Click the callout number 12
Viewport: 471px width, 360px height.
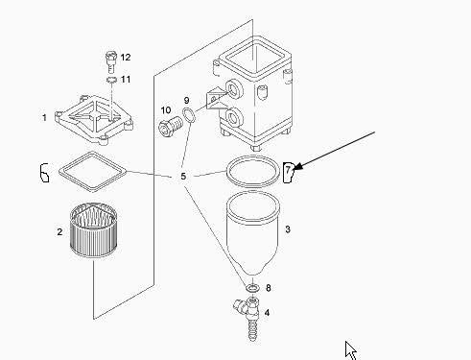pos(126,58)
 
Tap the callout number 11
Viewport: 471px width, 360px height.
pos(126,79)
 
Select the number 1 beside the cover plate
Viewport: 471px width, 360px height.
pos(44,117)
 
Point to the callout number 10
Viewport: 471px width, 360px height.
pos(166,110)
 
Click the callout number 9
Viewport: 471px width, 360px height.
pos(187,101)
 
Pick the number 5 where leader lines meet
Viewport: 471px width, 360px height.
pos(183,177)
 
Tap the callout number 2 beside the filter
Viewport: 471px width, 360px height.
pos(59,231)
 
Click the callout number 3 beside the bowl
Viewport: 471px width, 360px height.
pos(288,229)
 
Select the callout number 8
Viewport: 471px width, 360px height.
pos(269,288)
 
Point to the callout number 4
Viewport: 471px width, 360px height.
pos(267,312)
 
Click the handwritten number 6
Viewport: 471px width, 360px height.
pos(44,173)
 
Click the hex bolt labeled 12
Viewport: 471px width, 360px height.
pos(110,61)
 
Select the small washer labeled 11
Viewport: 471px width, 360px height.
pos(111,80)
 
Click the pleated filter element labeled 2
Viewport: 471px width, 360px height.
pos(94,230)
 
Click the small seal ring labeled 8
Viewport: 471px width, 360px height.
pos(252,288)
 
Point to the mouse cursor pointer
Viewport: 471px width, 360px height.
pos(351,350)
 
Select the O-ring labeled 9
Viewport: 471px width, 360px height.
pos(189,115)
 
